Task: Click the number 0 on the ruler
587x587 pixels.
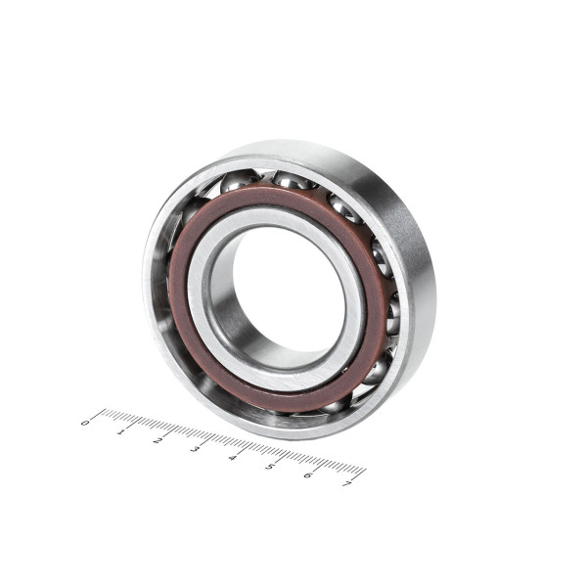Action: (85, 423)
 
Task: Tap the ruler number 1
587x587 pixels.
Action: (120, 431)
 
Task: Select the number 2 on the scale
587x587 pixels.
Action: (158, 440)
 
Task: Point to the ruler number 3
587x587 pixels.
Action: (195, 449)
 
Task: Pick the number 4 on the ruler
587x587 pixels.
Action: (233, 458)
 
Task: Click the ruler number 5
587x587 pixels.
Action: (270, 466)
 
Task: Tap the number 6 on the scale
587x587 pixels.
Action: (308, 474)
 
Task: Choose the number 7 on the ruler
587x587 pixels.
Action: (346, 483)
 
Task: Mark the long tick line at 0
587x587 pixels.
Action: (98, 414)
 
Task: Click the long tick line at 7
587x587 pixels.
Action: (359, 474)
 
